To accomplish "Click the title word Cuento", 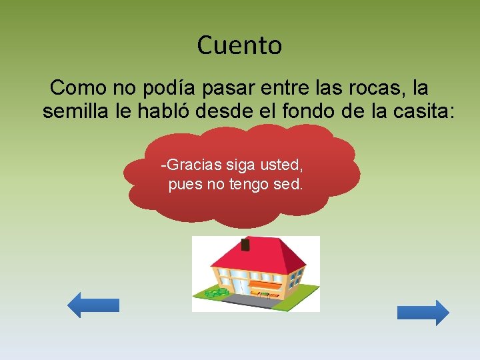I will point(239,46).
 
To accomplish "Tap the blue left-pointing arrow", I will point(93,305).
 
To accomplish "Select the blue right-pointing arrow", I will point(423,313).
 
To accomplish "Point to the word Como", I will point(75,88).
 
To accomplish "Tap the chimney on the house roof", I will point(245,245).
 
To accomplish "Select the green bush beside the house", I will point(215,293).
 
